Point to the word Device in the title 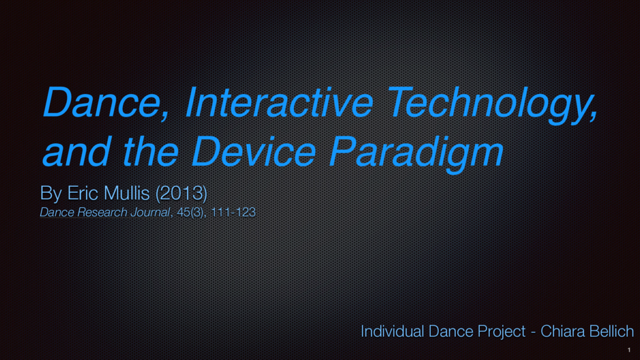point(253,151)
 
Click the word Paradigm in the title point(416,153)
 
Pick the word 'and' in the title point(76,151)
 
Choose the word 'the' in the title point(151,151)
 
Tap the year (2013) point(181,193)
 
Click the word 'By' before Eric point(51,193)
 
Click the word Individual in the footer point(392,331)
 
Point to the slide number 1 point(629,350)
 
